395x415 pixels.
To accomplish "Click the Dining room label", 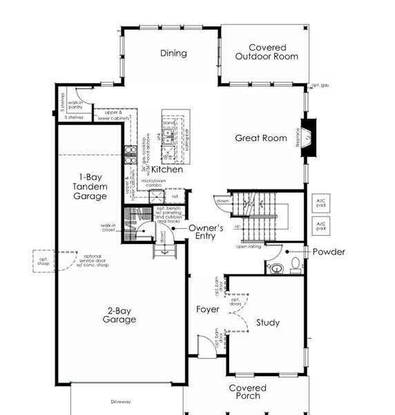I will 173,53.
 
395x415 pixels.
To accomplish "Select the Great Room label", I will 260,138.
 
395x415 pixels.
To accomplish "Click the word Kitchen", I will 167,169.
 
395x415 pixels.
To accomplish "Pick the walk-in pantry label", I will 75,104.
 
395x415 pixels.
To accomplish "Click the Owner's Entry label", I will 206,232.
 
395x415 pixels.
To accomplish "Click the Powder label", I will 329,252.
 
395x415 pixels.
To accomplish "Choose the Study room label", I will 267,322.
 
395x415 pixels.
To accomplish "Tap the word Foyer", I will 207,310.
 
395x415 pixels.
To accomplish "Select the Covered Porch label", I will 247,391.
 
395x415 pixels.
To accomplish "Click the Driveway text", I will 120,402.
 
